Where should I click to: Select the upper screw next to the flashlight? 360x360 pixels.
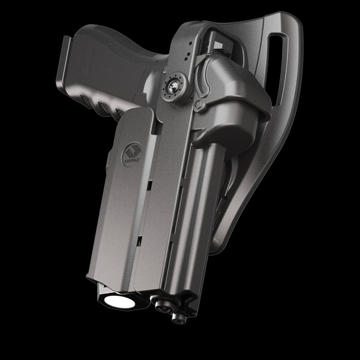(160, 305)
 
